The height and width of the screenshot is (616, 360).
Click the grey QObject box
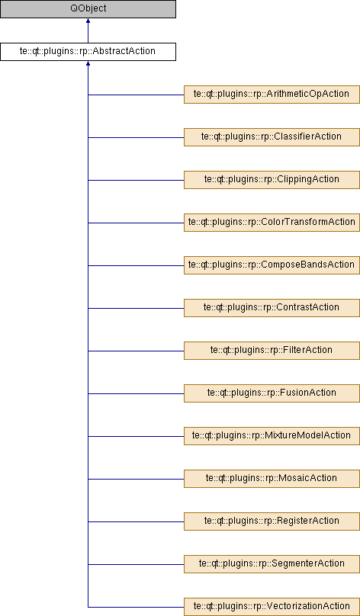88,9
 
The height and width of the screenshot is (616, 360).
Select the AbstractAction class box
88,52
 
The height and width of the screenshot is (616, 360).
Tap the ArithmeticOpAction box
272,95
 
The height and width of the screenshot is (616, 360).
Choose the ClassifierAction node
272,137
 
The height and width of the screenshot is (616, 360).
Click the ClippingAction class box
272,181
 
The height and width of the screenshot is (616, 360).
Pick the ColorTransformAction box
272,223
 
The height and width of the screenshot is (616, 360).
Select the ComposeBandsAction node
272,265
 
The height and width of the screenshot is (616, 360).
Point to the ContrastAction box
272,309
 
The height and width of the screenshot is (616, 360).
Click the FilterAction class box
272,351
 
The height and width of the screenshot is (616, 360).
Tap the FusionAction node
272,393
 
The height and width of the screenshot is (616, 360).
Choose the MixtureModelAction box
272,437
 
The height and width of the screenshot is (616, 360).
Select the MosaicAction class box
272,479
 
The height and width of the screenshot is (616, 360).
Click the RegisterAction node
272,521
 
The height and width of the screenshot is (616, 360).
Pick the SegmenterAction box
272,564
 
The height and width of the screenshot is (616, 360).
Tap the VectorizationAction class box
272,607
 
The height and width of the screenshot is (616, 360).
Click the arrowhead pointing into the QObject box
88,21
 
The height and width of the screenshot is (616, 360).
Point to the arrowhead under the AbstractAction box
88,63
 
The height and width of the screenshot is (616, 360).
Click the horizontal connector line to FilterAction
136,351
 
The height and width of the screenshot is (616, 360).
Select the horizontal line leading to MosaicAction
136,480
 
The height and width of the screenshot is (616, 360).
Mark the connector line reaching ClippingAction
136,181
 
